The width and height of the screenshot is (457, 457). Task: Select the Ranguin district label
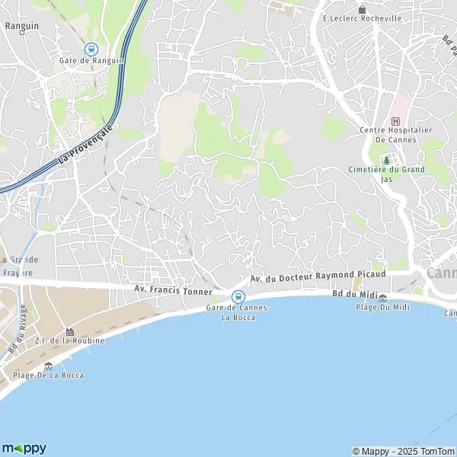(x=16, y=24)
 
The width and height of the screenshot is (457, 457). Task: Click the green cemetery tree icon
(x=386, y=161)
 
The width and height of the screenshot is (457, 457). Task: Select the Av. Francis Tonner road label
(x=171, y=289)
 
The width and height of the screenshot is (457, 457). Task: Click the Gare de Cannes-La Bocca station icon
(x=238, y=297)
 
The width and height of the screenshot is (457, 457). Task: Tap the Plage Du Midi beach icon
(x=382, y=298)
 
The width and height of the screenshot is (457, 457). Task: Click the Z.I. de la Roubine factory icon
(x=69, y=332)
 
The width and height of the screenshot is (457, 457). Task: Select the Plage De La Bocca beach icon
(x=48, y=366)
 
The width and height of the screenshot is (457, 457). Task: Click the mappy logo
(x=24, y=448)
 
